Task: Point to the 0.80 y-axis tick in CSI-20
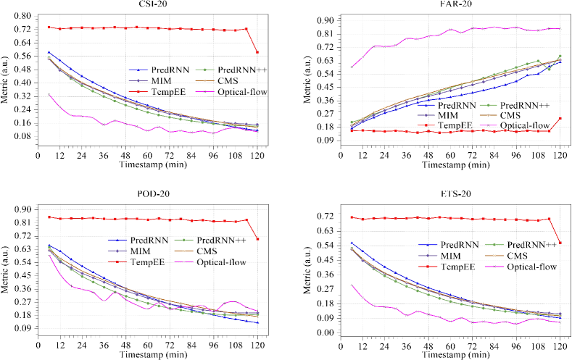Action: coord(22,16)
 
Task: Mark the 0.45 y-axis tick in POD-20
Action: coord(22,275)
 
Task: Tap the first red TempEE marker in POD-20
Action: coord(49,217)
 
